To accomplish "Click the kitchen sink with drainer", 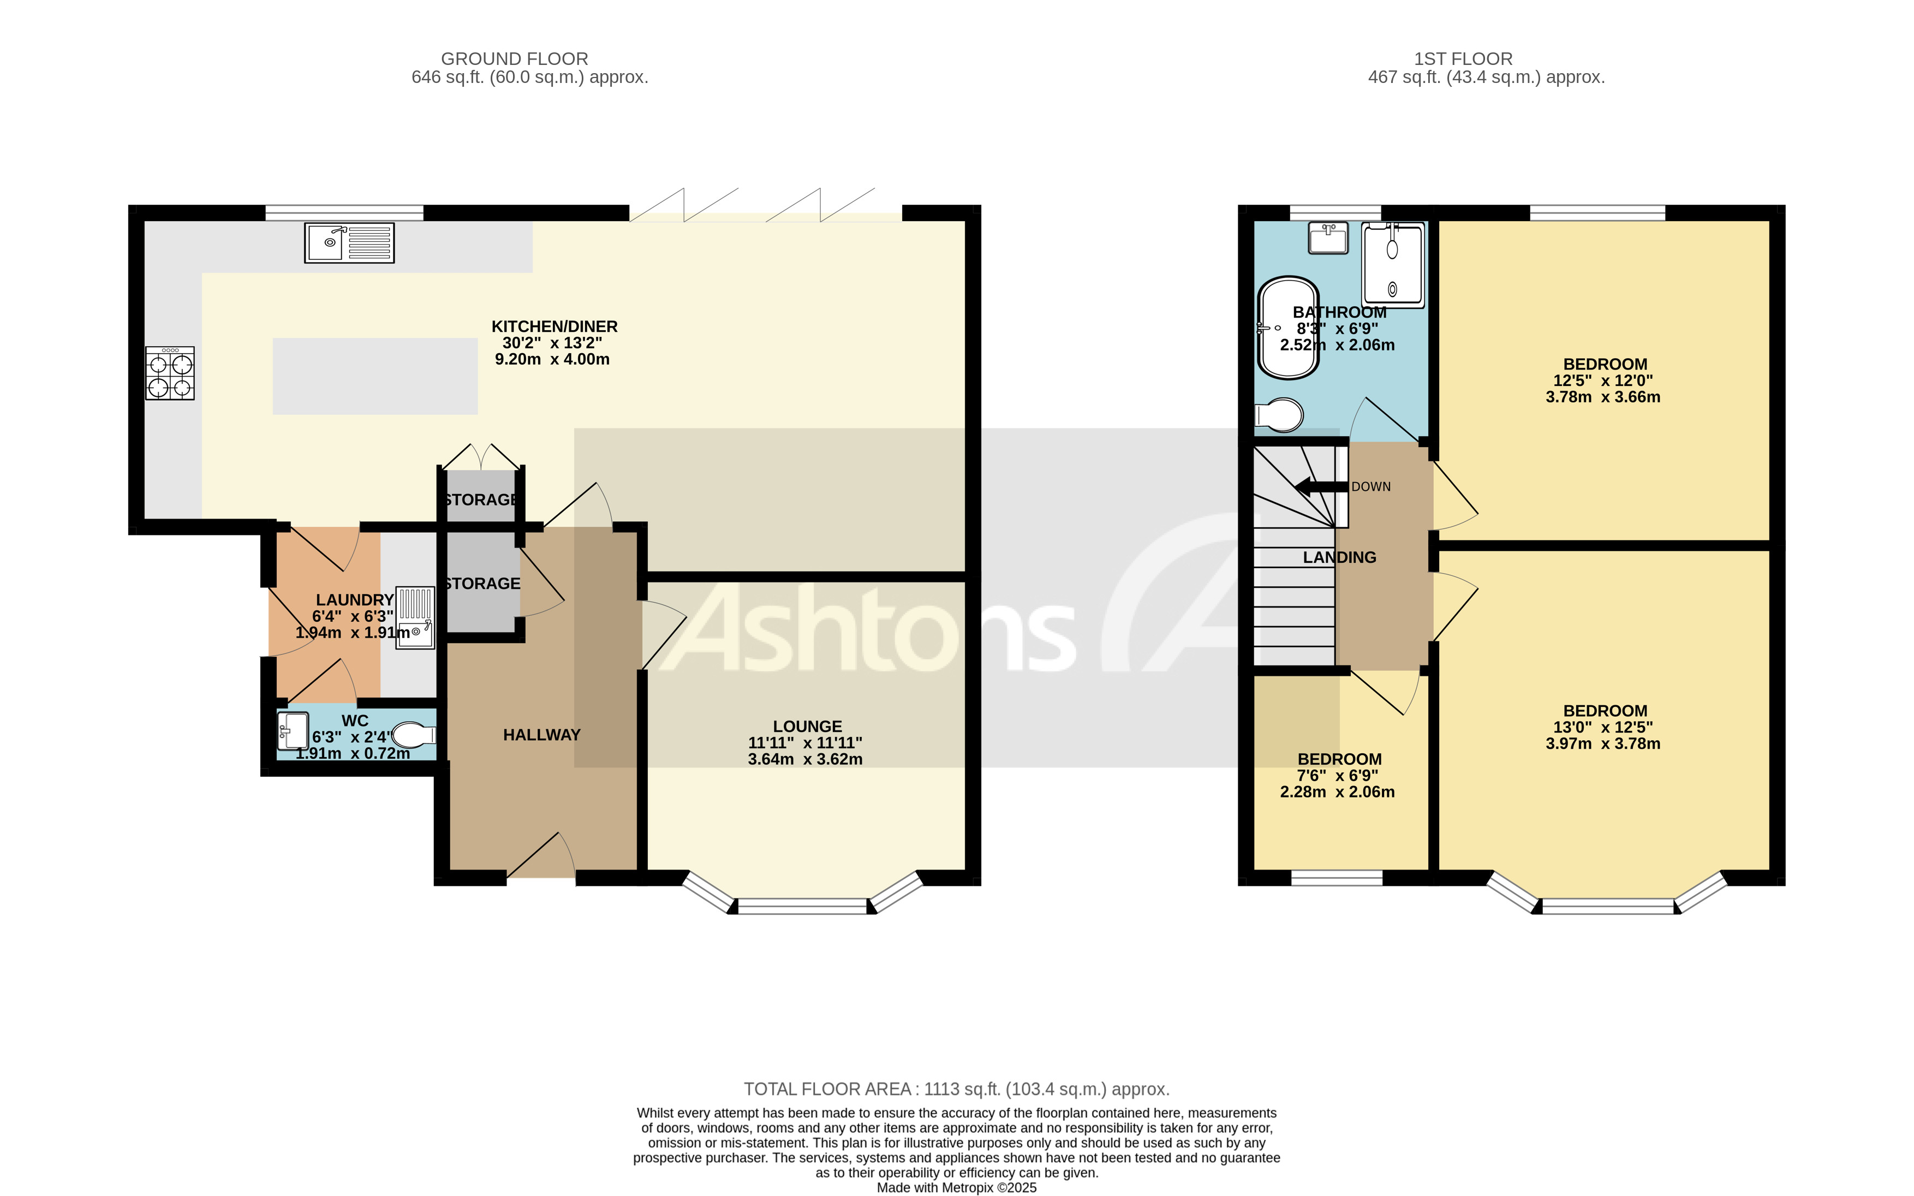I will click(x=349, y=243).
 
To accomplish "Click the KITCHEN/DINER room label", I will click(x=554, y=326).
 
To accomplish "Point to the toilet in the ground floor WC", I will click(x=413, y=735).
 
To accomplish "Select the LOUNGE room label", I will click(x=807, y=726).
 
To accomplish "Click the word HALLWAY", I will click(x=542, y=735).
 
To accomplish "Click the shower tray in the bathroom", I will click(x=1393, y=265).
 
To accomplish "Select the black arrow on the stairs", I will click(x=1320, y=486).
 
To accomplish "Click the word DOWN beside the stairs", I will click(x=1370, y=486).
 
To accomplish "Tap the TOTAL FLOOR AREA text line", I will click(x=956, y=1089).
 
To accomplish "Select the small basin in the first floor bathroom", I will click(x=1328, y=237).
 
